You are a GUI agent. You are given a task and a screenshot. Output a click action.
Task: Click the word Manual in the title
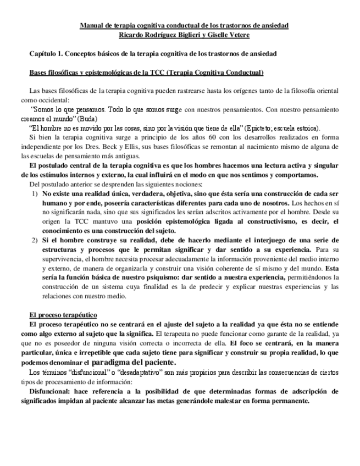point(92,26)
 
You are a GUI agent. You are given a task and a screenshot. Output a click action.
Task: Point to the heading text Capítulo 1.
point(46,54)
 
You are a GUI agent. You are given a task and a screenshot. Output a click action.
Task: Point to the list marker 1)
point(34,195)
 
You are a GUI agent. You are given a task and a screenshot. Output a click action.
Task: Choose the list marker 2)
point(34,241)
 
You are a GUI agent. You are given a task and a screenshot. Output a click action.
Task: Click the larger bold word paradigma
point(112,362)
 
